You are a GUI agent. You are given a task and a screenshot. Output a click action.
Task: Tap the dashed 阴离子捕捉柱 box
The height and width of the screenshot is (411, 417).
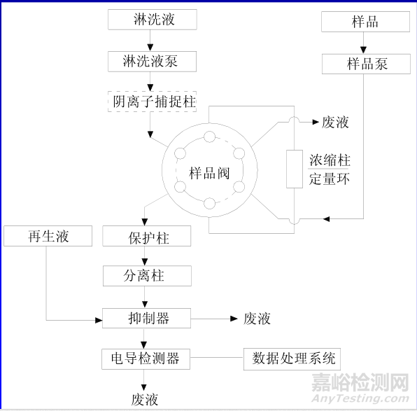tap(150, 102)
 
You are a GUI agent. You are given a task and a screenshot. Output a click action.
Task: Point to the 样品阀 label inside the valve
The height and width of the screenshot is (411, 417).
tap(209, 173)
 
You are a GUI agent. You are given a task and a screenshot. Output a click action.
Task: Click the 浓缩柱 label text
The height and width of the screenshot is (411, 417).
tap(329, 160)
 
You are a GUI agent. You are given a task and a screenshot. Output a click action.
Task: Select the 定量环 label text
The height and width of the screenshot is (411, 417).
tap(329, 179)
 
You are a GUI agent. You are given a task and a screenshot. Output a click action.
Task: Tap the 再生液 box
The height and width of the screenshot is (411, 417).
tap(47, 236)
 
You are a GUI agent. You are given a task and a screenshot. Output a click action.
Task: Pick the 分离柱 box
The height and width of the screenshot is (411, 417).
tap(146, 275)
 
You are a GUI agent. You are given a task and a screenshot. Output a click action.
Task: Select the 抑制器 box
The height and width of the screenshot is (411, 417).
tap(146, 318)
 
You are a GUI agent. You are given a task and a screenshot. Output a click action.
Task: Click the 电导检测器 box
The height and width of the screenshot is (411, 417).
tap(146, 358)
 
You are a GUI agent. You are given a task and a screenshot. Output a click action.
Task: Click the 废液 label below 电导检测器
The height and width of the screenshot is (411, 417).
tap(145, 400)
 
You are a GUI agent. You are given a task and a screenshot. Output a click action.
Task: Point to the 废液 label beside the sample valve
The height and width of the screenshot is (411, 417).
tap(335, 123)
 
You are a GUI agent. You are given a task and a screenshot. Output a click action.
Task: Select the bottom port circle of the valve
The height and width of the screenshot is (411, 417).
tap(209, 204)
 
